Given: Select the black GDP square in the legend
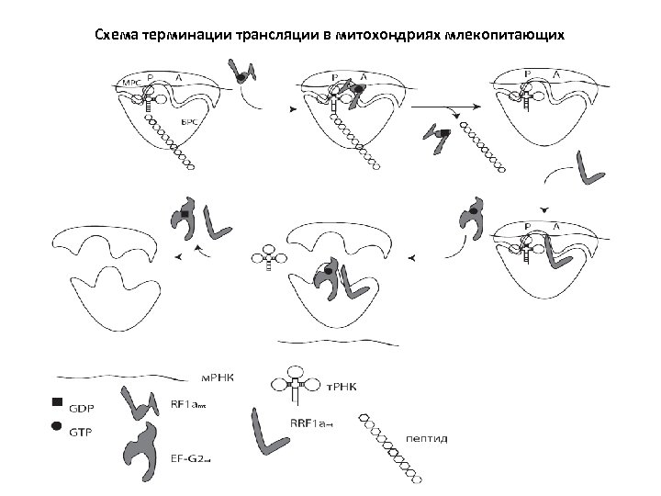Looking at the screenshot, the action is coord(57,401).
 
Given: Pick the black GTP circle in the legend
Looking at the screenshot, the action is coord(57,426).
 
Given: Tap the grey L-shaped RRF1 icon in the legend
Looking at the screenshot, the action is coord(270,431).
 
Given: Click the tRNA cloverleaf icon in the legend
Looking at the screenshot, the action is coord(295,385).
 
